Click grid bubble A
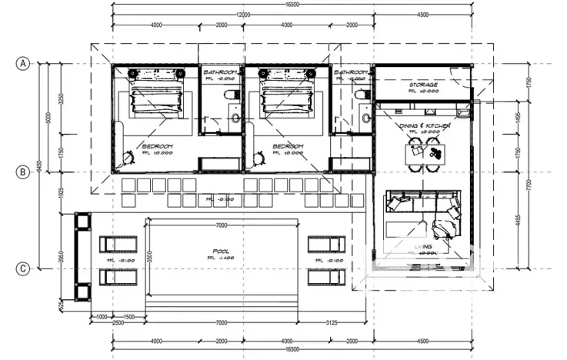(25, 65)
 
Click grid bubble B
(25, 172)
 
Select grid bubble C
(25, 268)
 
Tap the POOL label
(222, 252)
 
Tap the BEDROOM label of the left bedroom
(157, 145)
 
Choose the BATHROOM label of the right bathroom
(350, 72)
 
